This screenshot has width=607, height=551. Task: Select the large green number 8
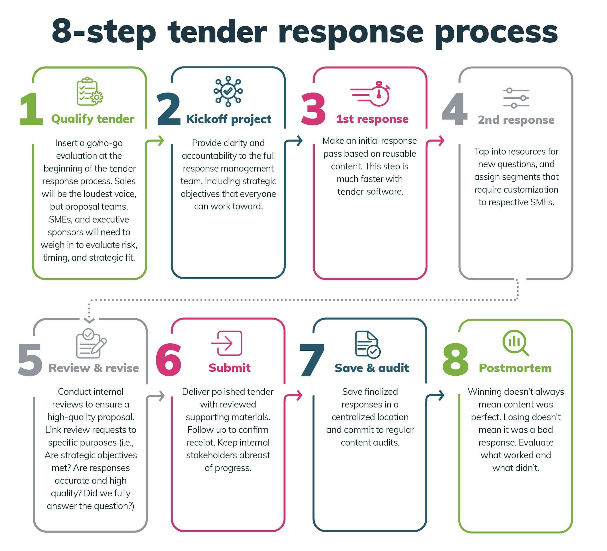coord(455,360)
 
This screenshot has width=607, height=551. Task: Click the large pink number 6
coord(169,360)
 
